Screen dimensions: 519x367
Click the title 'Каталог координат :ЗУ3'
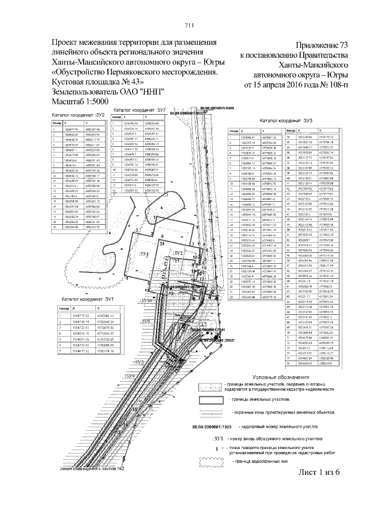coord(286,121)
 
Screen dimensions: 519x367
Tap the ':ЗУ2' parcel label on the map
coord(178,253)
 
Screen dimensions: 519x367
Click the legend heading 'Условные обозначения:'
coord(268,376)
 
